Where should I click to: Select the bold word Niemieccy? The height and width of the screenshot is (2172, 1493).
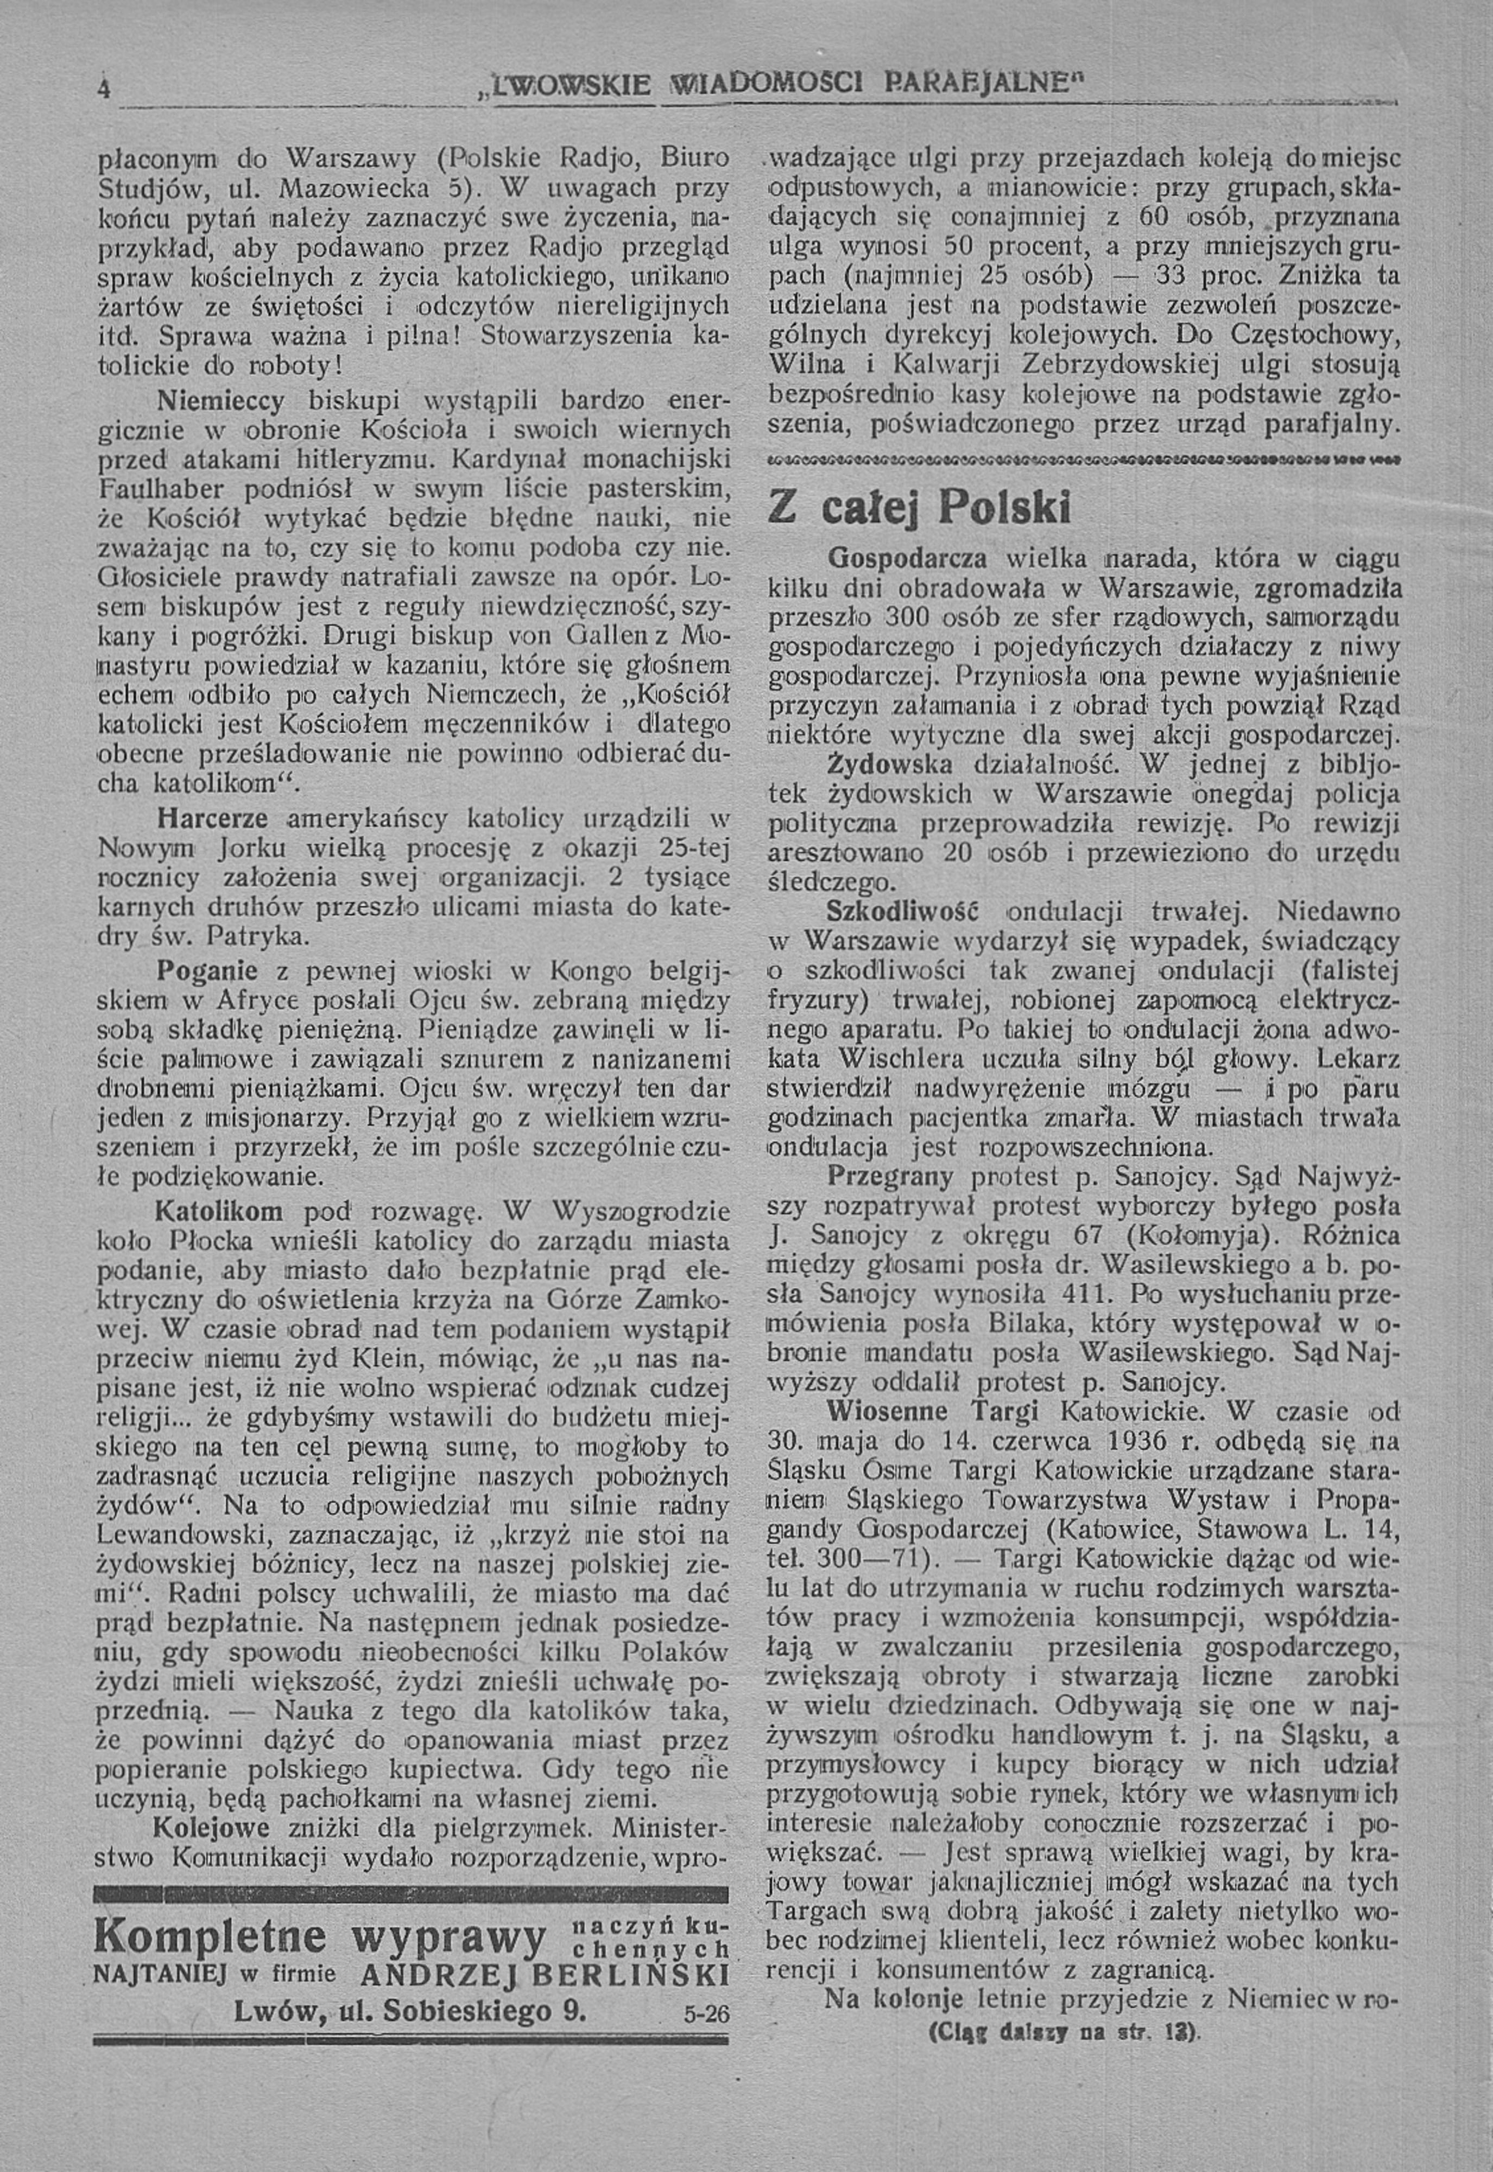pyautogui.click(x=220, y=401)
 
